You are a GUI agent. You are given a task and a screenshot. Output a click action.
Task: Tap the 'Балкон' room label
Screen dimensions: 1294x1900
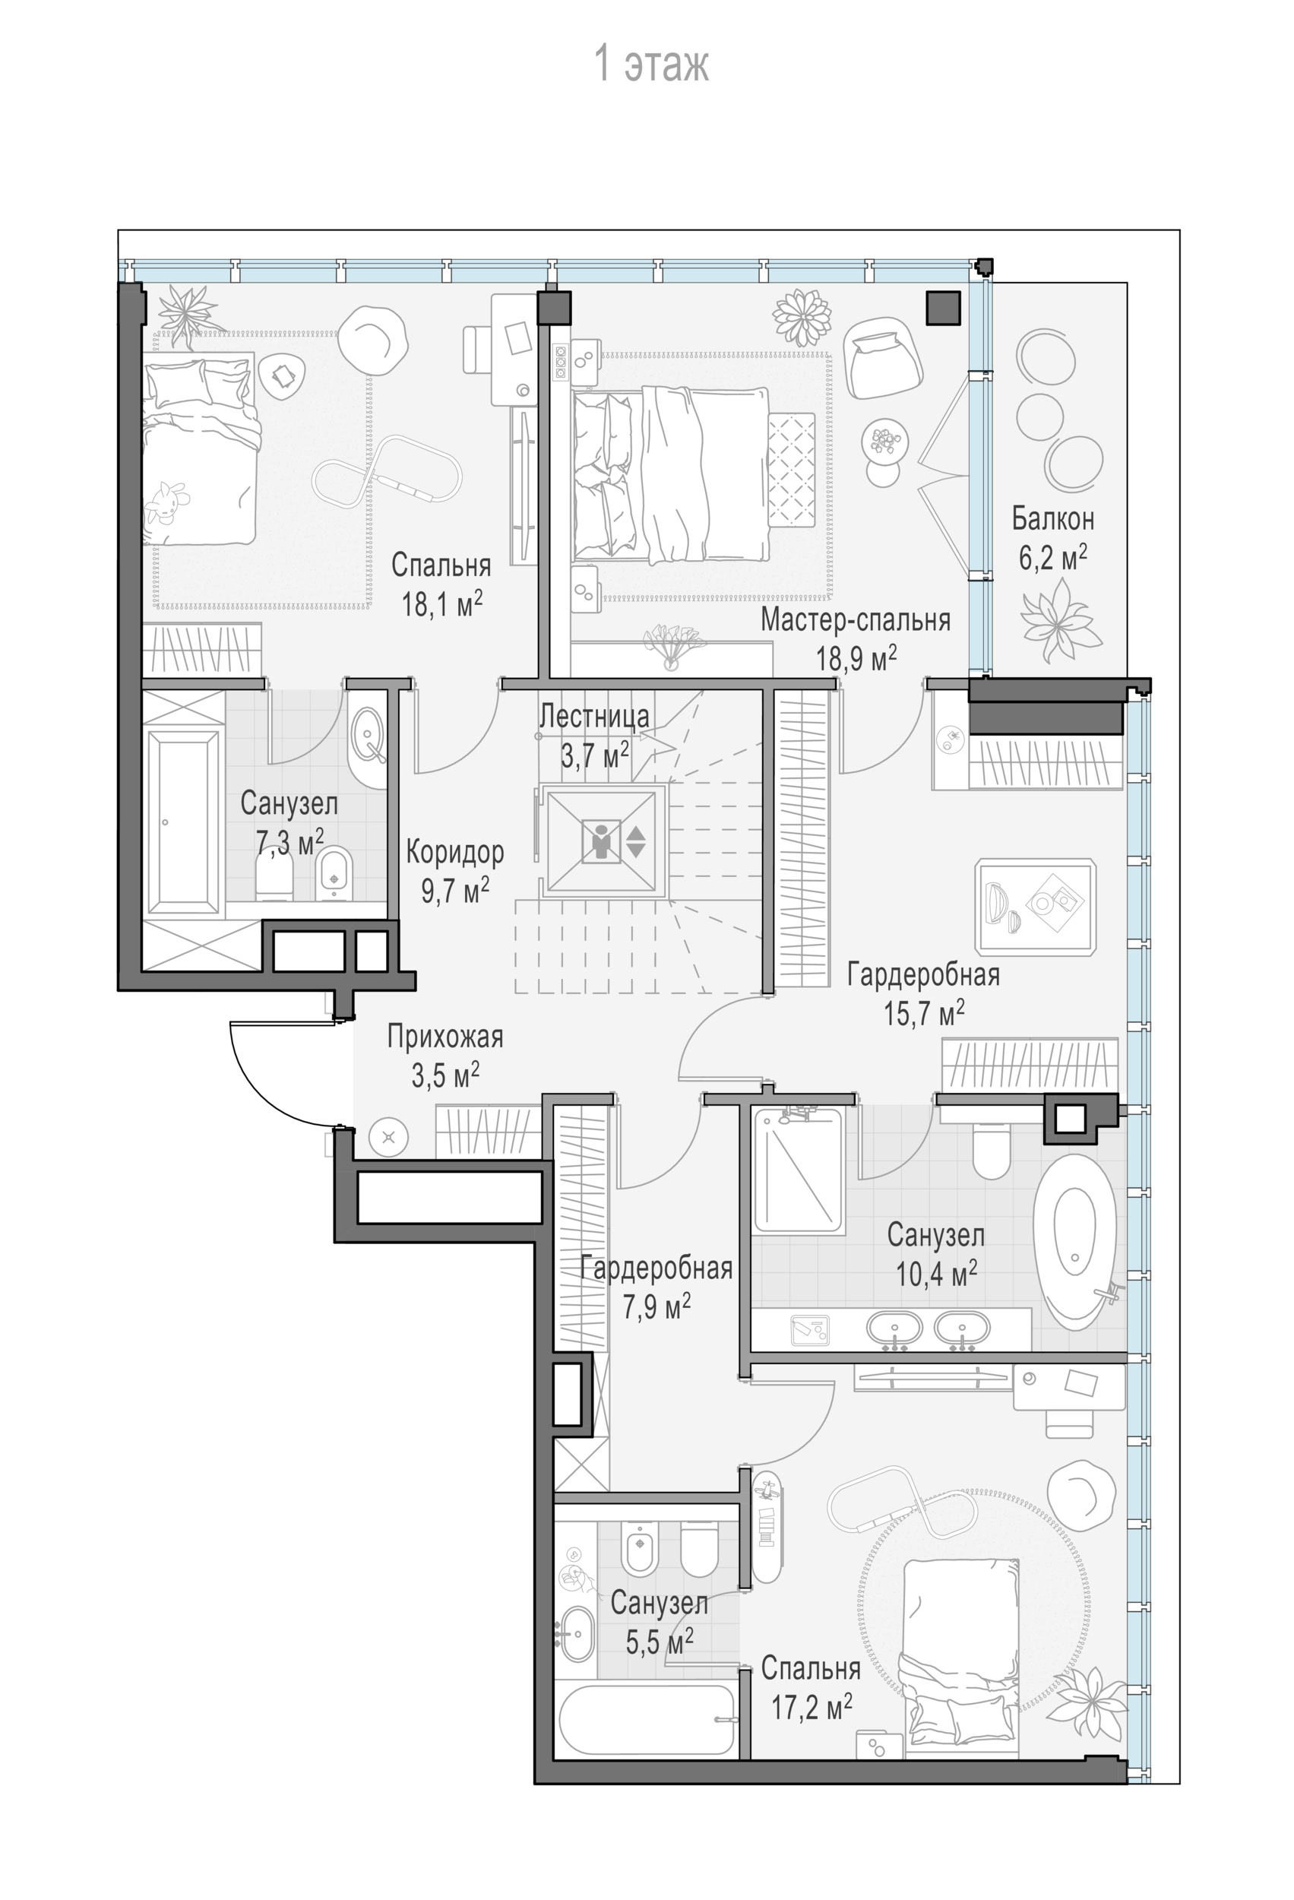(x=1052, y=518)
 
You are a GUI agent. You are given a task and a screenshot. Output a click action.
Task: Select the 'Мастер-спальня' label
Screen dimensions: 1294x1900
(x=855, y=619)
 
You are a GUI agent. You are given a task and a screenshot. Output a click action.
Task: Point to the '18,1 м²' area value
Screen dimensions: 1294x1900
(x=441, y=603)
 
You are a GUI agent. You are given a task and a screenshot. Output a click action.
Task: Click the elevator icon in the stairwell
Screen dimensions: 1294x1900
(x=602, y=841)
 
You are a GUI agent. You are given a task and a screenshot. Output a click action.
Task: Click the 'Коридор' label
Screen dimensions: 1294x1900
(x=454, y=853)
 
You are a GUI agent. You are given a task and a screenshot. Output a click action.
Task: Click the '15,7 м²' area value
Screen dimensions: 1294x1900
(x=924, y=1013)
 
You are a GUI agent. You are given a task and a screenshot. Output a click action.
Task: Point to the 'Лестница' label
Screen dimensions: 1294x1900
(x=594, y=716)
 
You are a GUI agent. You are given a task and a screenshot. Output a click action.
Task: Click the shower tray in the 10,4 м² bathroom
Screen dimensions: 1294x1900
(x=798, y=1170)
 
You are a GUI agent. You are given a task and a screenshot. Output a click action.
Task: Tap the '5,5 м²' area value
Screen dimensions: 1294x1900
(x=660, y=1641)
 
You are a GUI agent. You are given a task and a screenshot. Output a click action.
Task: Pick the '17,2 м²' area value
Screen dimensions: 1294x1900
(x=812, y=1706)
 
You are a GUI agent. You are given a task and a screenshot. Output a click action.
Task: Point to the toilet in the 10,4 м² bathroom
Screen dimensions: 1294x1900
(x=992, y=1151)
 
